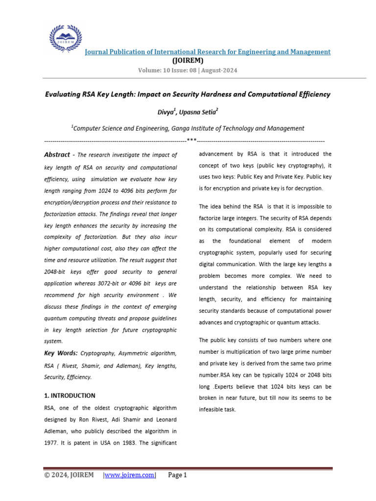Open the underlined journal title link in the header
pos(208,52)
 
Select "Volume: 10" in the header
pos(156,70)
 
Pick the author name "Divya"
pos(165,112)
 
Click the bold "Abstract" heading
pos(57,155)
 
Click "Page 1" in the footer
pos(177,475)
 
